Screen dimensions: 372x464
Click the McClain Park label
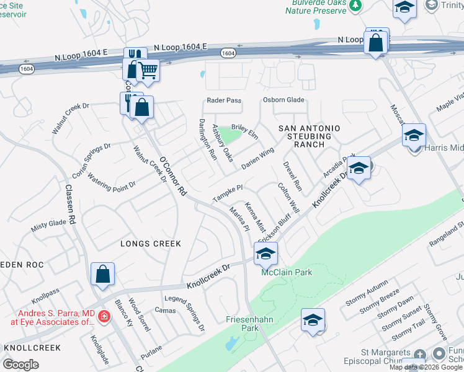[286, 272]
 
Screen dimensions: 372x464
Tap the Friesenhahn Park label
[246, 324]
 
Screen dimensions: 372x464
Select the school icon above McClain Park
[265, 254]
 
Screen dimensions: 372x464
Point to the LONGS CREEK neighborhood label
[150, 244]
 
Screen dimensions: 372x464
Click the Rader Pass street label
[224, 100]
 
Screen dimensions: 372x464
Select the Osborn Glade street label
[283, 100]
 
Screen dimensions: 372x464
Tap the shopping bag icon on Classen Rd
[102, 274]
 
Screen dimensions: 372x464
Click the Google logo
[21, 365]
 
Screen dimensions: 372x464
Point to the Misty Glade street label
[48, 226]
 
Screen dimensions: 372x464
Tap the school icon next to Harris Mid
[414, 135]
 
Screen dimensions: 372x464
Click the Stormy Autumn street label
[368, 293]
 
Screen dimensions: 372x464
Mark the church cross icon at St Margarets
[420, 355]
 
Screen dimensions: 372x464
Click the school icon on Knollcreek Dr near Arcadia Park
[359, 168]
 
